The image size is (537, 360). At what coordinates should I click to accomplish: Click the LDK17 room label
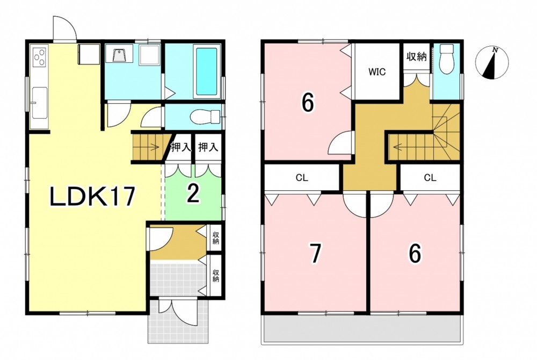(92, 197)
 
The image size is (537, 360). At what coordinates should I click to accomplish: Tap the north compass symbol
(492, 63)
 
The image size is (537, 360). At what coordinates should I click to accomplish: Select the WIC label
(377, 72)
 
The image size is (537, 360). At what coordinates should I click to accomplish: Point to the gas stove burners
(39, 57)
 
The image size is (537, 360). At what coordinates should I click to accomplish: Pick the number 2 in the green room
(193, 195)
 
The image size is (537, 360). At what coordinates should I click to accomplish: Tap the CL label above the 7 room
(302, 178)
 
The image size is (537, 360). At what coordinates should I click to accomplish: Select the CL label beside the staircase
(430, 178)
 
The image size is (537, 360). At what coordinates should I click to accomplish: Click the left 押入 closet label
(180, 148)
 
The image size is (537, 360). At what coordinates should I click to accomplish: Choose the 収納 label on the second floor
(417, 56)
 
